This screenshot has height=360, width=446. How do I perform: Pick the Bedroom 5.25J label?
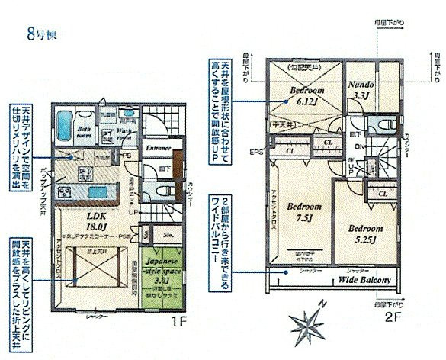[x=366, y=231]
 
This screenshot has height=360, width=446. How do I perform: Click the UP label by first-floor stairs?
[x=133, y=211]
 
